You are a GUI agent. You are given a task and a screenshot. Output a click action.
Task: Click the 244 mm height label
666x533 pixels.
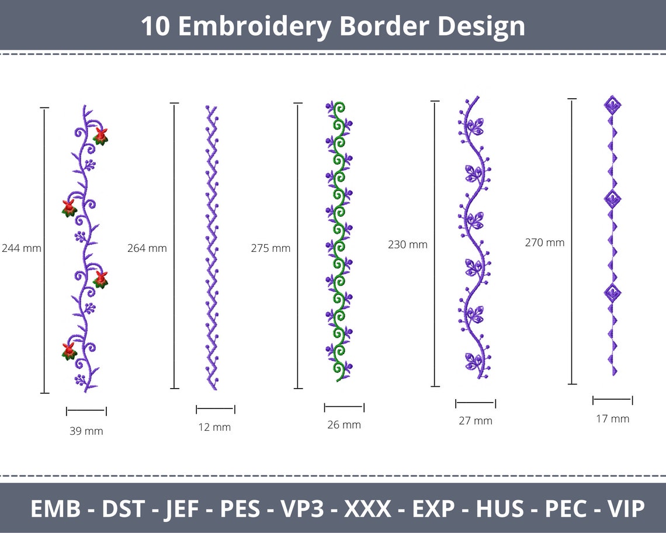[x=22, y=248]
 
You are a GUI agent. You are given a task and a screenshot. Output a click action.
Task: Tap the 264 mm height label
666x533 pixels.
[x=147, y=248]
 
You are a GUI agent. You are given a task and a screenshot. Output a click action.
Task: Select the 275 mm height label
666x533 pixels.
[x=270, y=248]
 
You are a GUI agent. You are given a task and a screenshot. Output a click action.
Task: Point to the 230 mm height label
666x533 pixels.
[x=408, y=244]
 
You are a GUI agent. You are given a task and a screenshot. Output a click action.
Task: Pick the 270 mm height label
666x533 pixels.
[x=544, y=242]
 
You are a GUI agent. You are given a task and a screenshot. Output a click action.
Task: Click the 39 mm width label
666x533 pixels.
[x=86, y=431]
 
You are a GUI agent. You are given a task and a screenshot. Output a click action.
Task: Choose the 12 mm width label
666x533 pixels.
[x=214, y=427]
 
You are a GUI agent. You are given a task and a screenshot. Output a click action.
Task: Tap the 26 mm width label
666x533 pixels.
[x=344, y=425]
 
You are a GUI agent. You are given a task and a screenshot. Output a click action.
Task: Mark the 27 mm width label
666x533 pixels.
[x=475, y=420]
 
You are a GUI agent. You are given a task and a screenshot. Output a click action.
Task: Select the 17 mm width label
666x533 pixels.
[x=612, y=418]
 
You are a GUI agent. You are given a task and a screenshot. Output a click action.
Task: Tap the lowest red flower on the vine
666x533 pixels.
[x=69, y=351]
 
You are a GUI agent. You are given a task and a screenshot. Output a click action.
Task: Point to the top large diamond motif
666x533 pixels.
[x=612, y=106]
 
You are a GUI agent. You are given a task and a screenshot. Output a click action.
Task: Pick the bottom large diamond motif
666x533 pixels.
[x=612, y=292]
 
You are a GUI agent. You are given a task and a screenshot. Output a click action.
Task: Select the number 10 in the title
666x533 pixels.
[x=155, y=26]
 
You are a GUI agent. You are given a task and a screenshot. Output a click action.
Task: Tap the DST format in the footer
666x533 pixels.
[x=123, y=508]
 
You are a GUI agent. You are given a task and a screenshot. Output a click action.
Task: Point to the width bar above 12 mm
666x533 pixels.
[x=215, y=409]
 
